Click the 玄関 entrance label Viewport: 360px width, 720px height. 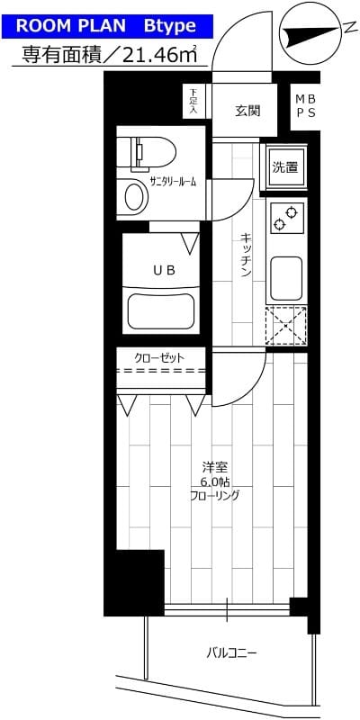(x=247, y=112)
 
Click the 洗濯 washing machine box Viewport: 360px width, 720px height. (x=285, y=167)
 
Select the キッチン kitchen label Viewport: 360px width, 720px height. (x=245, y=256)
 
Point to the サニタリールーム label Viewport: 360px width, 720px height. (x=173, y=182)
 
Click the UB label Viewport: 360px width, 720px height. (x=163, y=268)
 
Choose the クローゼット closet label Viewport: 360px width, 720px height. (x=159, y=358)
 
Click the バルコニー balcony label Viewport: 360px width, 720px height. (x=231, y=652)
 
